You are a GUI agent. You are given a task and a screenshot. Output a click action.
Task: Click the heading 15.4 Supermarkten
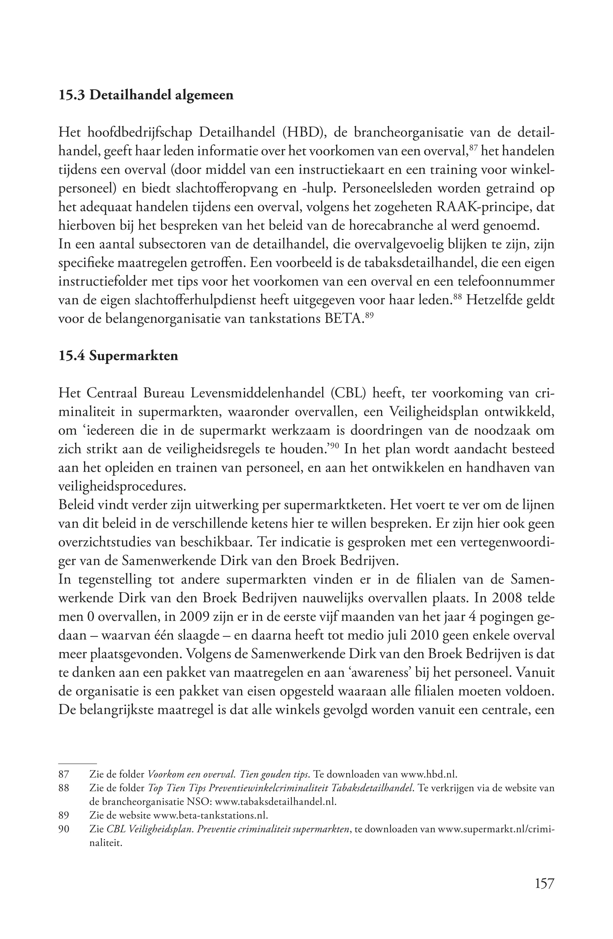coord(118,356)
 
